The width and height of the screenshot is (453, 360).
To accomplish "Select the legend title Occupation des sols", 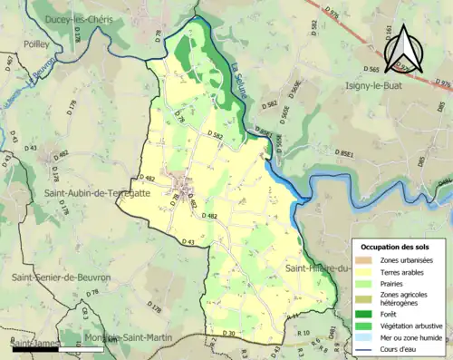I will (396, 246).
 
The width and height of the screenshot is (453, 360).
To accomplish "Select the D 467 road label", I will (10, 62).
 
